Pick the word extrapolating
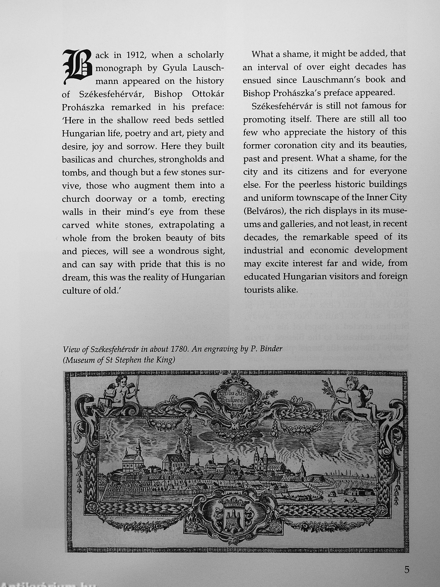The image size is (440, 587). coord(186,225)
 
